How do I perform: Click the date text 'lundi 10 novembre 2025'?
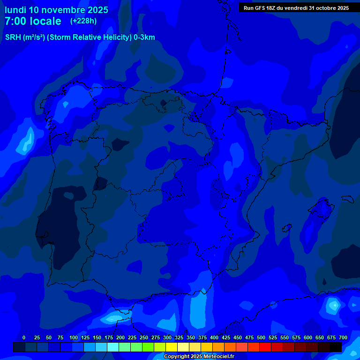tap(56, 10)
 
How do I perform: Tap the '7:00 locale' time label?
tap(33, 21)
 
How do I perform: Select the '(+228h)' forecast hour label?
tap(83, 21)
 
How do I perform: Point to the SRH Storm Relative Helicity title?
tap(80, 37)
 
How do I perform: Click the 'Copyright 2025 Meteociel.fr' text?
tap(199, 357)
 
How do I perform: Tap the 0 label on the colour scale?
tap(24, 337)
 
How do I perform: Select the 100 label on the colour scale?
tap(74, 337)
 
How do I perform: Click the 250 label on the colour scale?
tap(144, 337)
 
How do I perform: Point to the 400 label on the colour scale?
tap(214, 337)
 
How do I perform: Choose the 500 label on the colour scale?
tap(261, 337)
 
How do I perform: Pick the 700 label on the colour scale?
tap(343, 337)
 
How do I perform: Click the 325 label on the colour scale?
tap(179, 337)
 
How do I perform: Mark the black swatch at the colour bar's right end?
tap(335, 347)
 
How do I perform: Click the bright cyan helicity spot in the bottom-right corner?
tap(334, 306)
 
